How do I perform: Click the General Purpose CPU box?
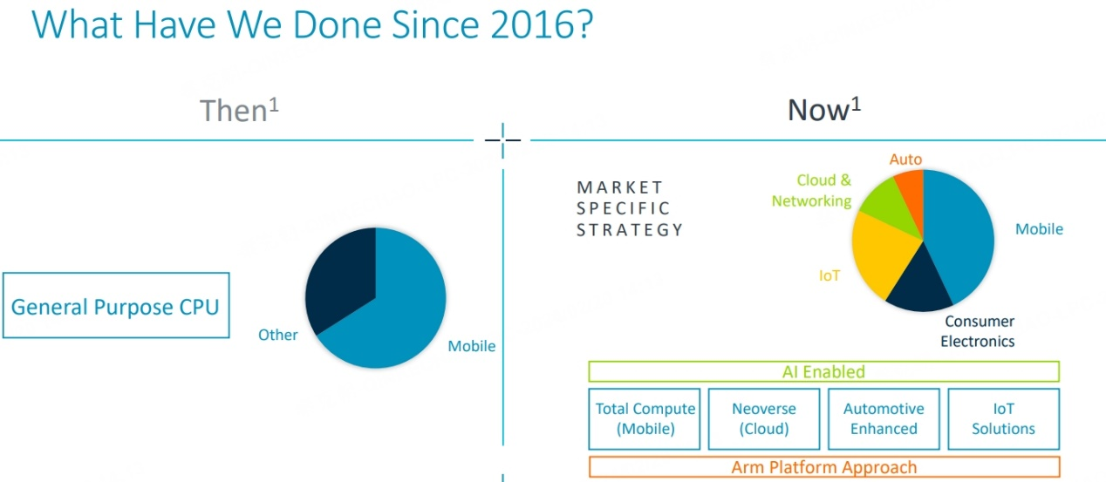tap(116, 305)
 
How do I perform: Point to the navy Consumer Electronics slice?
tap(918, 289)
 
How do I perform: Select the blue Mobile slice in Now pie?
tap(958, 232)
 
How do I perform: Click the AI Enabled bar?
tap(824, 371)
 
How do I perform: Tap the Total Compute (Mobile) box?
tap(645, 419)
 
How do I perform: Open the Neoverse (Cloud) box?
tap(764, 419)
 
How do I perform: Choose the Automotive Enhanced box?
tap(884, 419)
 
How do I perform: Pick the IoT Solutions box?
tap(1004, 419)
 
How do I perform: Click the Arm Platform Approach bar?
tap(824, 466)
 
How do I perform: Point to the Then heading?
tap(239, 110)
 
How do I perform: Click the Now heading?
tap(824, 109)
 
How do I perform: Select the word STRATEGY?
tap(630, 230)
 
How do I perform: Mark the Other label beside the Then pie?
tap(278, 335)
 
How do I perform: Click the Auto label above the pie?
tap(905, 160)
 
